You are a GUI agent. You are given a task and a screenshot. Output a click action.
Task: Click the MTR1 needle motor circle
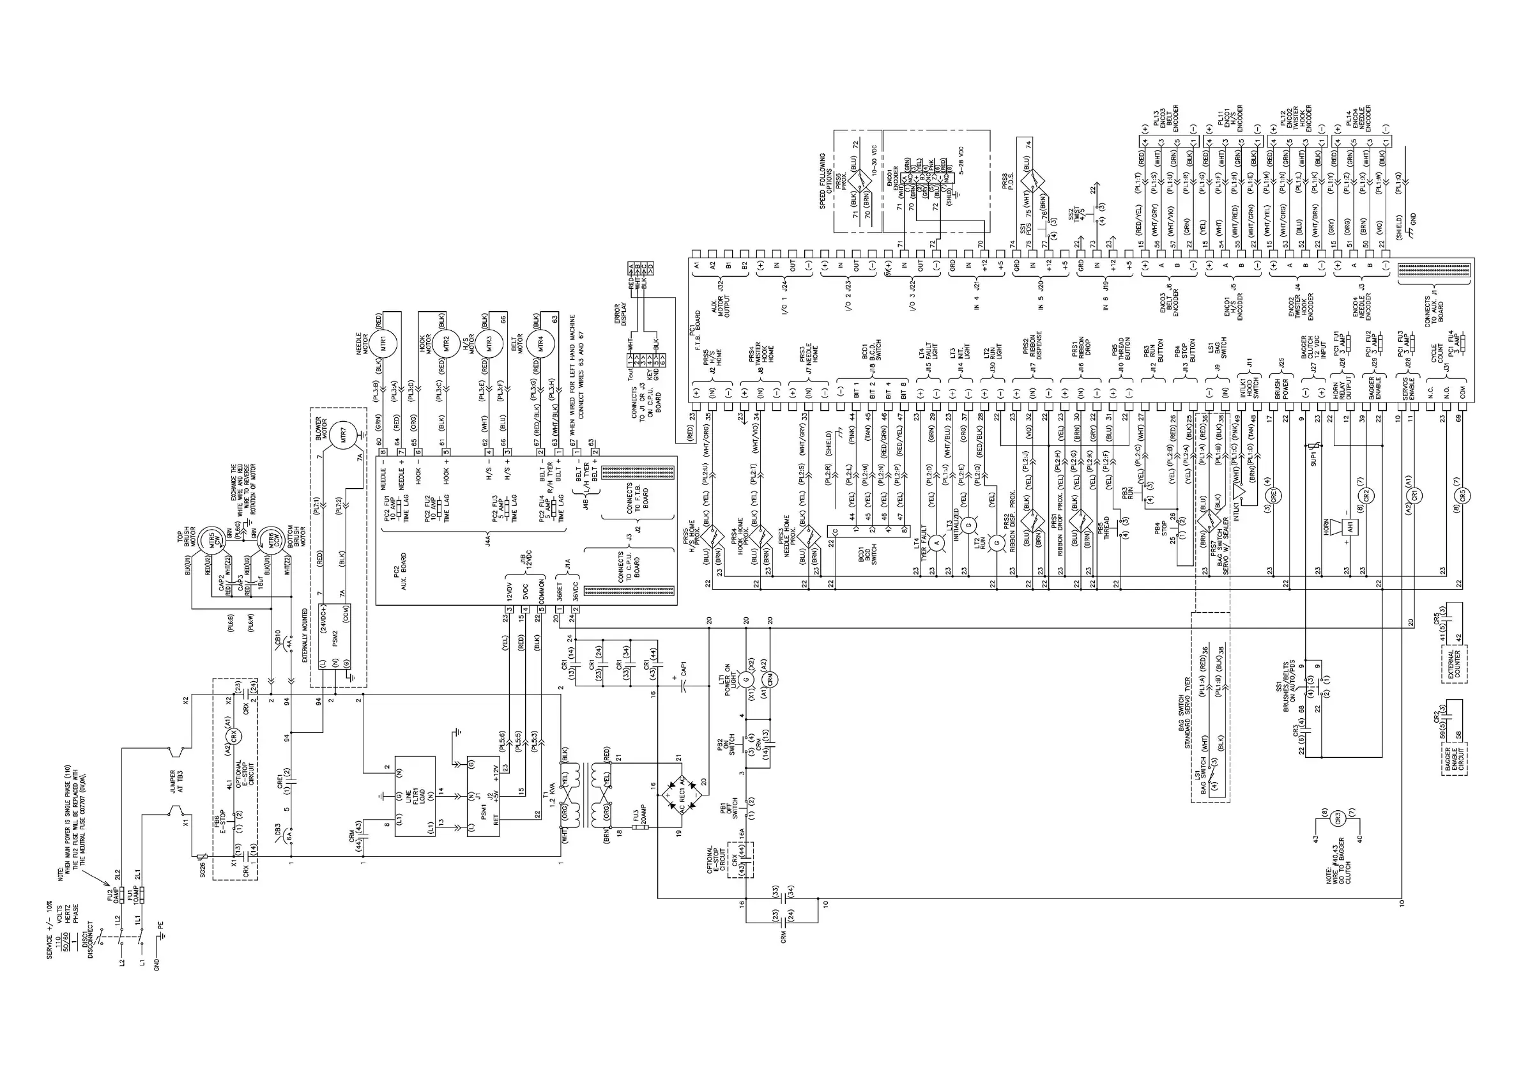click(383, 344)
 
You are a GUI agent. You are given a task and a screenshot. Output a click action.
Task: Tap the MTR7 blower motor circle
click(344, 436)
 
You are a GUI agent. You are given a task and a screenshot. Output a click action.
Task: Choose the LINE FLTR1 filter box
click(415, 795)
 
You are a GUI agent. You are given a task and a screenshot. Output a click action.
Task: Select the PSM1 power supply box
click(484, 795)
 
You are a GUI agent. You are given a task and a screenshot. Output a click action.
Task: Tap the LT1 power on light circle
click(746, 679)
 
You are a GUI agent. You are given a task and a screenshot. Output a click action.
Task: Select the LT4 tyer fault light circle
click(936, 542)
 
